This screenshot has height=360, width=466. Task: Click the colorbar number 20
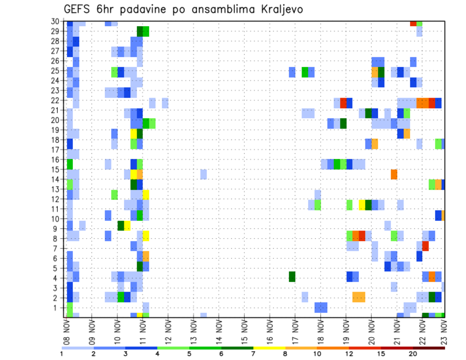tap(413, 354)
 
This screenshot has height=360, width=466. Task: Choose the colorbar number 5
tap(189, 354)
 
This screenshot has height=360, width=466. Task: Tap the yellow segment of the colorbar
tap(269, 348)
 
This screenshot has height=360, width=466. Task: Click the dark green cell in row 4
tap(292, 277)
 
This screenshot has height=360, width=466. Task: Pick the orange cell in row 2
tap(359, 296)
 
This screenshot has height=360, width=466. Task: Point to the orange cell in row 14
tap(394, 174)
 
